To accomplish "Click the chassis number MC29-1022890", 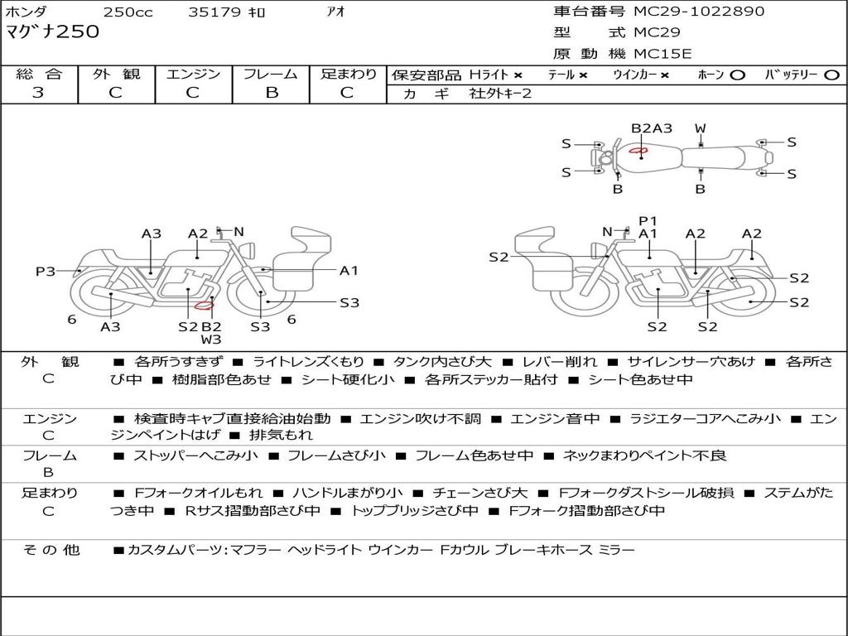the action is point(699,12).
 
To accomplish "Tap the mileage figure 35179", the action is point(214,12).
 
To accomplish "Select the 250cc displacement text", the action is point(128,12).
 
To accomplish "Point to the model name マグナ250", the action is point(52,32).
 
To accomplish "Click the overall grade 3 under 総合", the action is point(38,93).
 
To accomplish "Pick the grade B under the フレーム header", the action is point(271,93).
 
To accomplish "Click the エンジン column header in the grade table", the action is point(193,74).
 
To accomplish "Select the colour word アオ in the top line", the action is point(336,12).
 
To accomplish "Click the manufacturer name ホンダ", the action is point(26,12).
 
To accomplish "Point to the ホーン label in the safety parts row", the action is point(711,75).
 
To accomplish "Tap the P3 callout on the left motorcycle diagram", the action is point(46,271).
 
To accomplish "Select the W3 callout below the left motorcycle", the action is point(211,339).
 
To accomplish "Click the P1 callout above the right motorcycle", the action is point(648,220).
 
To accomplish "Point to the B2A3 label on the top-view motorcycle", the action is point(652,128).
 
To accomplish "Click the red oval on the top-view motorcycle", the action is point(638,151).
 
